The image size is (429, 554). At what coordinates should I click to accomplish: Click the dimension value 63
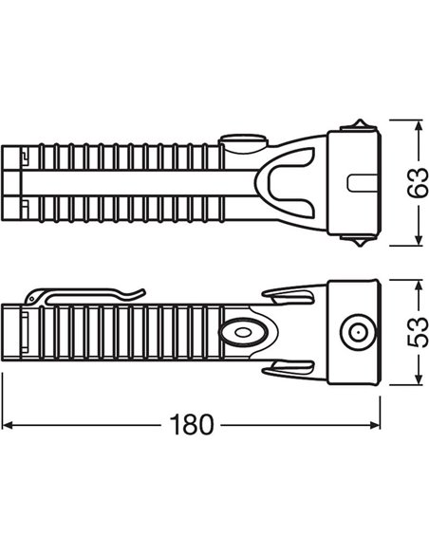pos(417,182)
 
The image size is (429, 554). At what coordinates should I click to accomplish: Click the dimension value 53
pos(417,332)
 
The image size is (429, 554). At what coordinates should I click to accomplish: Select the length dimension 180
pos(192,424)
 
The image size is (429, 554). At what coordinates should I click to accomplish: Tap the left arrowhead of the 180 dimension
pos(7,425)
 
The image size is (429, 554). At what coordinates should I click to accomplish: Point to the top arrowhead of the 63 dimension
pos(419,125)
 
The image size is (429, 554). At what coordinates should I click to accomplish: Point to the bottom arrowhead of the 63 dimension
pos(419,240)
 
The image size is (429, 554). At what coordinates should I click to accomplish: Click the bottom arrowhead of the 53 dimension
pos(419,379)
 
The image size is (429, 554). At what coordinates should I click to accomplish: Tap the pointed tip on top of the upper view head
pos(360,120)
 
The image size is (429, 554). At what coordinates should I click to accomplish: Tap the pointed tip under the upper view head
pos(360,246)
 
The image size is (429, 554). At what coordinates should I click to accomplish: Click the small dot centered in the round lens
pos(357,332)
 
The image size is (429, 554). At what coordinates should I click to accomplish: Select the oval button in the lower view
pos(242,332)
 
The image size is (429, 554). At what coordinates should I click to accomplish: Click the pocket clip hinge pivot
pos(32,299)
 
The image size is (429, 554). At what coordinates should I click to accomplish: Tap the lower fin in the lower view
pos(289,367)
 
